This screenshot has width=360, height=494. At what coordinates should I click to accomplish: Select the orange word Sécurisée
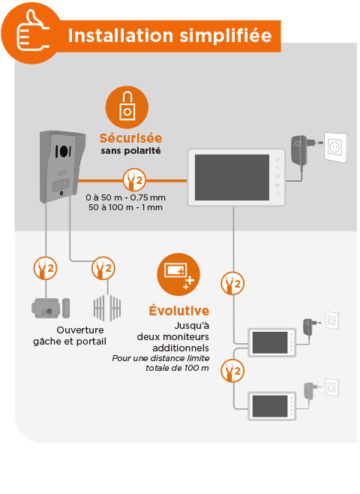pyautogui.click(x=130, y=138)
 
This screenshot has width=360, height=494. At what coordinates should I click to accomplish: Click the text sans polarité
pyautogui.click(x=130, y=152)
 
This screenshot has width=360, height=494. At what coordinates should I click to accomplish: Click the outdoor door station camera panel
pyautogui.click(x=58, y=165)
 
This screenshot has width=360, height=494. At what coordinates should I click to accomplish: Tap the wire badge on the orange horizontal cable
pyautogui.click(x=133, y=180)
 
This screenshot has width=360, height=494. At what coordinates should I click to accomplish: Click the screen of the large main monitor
pyautogui.click(x=231, y=177)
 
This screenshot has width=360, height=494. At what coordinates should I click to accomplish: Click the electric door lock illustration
pyautogui.click(x=46, y=307)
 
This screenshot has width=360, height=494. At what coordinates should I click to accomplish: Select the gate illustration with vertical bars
pyautogui.click(x=106, y=306)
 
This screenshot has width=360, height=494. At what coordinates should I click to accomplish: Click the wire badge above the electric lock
pyautogui.click(x=46, y=267)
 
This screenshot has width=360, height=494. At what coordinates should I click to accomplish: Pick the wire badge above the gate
pyautogui.click(x=103, y=267)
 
